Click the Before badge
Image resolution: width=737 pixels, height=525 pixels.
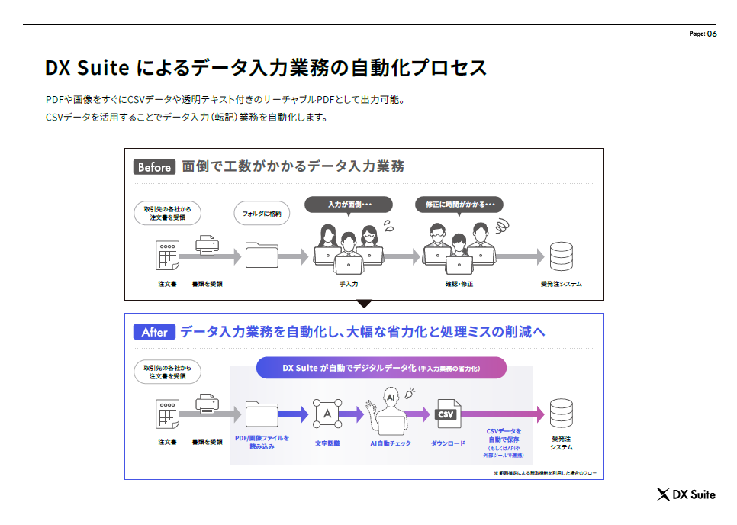click(x=154, y=167)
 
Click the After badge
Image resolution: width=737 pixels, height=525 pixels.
click(x=154, y=332)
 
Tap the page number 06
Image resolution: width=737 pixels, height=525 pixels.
click(x=712, y=34)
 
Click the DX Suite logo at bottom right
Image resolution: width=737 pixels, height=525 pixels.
click(x=686, y=494)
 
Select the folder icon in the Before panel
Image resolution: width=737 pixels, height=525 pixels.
click(x=262, y=256)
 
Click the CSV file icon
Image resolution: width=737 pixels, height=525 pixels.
click(x=446, y=414)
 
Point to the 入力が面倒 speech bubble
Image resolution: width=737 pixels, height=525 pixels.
click(x=349, y=205)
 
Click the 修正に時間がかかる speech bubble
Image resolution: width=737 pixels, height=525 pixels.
click(x=459, y=205)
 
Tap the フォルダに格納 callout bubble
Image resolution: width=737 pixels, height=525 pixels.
click(x=262, y=214)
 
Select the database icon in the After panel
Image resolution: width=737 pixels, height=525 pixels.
click(x=561, y=414)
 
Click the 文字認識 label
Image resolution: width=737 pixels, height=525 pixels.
click(x=327, y=443)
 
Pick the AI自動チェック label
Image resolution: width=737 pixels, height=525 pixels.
click(x=391, y=443)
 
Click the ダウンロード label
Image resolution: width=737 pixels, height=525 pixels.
click(x=448, y=443)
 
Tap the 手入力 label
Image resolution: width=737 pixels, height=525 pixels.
click(x=349, y=284)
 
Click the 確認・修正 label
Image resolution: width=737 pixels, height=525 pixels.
click(x=459, y=284)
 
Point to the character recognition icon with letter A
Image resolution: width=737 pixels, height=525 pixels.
click(x=327, y=414)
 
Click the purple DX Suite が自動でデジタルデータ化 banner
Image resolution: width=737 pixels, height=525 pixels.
click(x=381, y=368)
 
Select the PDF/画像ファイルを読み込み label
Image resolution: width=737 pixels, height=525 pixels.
click(x=262, y=442)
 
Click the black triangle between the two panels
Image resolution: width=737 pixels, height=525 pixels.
click(x=364, y=304)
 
